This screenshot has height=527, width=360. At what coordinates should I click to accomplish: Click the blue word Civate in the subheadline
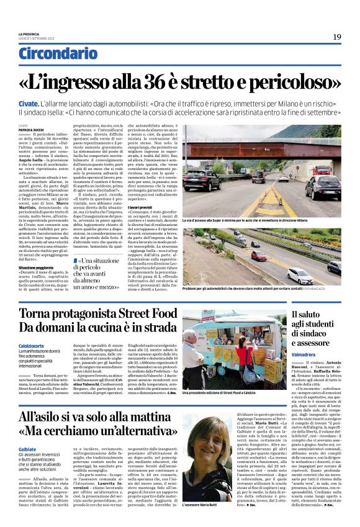coord(29,102)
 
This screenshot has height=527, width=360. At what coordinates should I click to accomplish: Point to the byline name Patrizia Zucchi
coord(31,130)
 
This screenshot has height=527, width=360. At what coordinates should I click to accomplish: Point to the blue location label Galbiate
coord(28,449)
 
